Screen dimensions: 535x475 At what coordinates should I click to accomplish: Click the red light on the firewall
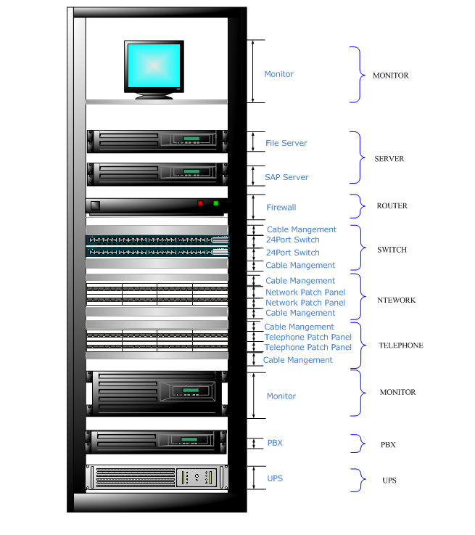pos(201,203)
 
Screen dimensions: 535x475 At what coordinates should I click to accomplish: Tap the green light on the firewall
pos(215,203)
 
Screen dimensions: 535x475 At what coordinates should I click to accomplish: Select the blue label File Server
pos(286,143)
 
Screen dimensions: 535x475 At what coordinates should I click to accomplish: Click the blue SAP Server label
pos(286,177)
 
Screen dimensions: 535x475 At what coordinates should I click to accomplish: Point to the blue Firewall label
pos(281,208)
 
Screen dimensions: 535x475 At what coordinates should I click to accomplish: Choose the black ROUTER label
pos(392,206)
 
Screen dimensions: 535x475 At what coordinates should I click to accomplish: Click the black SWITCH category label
pos(392,250)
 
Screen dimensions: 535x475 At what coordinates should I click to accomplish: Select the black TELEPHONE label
pos(400,346)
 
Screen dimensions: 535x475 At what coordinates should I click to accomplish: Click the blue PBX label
pos(275,443)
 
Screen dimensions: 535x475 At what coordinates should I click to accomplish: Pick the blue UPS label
pos(275,478)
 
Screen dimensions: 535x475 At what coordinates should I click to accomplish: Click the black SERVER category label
pos(389,159)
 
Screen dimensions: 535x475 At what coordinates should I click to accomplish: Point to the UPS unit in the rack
pos(156,477)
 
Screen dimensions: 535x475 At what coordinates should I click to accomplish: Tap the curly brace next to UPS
pos(357,481)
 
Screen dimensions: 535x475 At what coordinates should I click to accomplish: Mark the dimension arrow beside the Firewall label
pos(252,207)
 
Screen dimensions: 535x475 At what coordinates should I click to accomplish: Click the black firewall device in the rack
pos(145,206)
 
